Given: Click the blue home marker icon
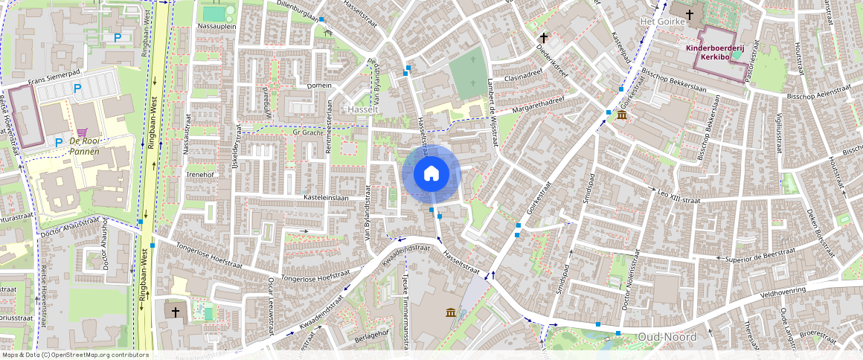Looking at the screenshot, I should click(x=431, y=174).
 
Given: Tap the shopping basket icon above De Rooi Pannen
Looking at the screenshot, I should click(x=92, y=130).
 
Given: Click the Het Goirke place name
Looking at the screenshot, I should click(x=658, y=22).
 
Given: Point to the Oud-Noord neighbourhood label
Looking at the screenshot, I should click(x=667, y=337).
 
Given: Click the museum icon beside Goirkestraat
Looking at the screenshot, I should click(x=621, y=117).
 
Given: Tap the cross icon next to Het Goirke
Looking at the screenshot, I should click(x=690, y=13).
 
